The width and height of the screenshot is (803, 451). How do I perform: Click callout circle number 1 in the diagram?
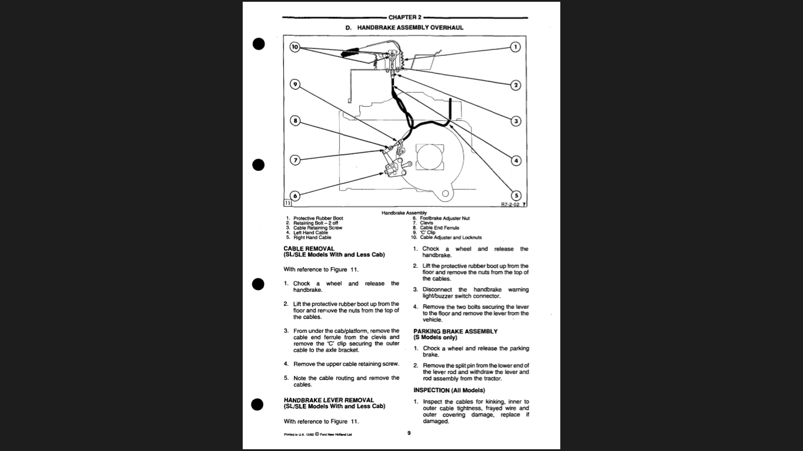click(x=516, y=47)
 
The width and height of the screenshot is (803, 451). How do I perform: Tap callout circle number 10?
click(x=295, y=46)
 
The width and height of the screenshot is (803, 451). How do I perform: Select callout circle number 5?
click(x=516, y=196)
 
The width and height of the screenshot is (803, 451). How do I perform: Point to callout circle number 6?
click(x=295, y=196)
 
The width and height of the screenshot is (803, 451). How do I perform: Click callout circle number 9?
click(x=295, y=85)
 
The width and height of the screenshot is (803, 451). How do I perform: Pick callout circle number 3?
click(x=516, y=121)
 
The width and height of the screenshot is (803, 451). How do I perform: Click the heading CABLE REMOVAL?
click(x=309, y=248)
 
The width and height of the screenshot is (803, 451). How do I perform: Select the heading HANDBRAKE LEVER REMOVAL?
click(x=329, y=400)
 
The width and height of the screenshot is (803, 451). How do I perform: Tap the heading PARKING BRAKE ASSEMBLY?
click(x=455, y=331)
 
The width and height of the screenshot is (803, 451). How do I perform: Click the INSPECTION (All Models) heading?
click(x=449, y=390)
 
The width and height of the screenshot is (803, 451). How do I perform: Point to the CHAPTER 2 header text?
click(x=404, y=18)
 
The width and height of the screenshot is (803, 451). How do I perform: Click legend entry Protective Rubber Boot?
click(x=318, y=218)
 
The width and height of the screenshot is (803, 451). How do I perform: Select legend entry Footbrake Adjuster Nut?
click(x=444, y=218)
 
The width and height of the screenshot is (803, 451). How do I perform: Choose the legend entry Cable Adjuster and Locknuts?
click(x=450, y=238)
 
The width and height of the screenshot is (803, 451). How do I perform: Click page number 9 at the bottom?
click(x=409, y=433)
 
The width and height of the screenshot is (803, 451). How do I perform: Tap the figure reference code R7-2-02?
click(x=509, y=205)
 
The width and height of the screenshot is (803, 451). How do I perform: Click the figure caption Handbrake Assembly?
click(x=404, y=213)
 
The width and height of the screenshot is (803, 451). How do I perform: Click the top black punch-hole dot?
click(x=258, y=44)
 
